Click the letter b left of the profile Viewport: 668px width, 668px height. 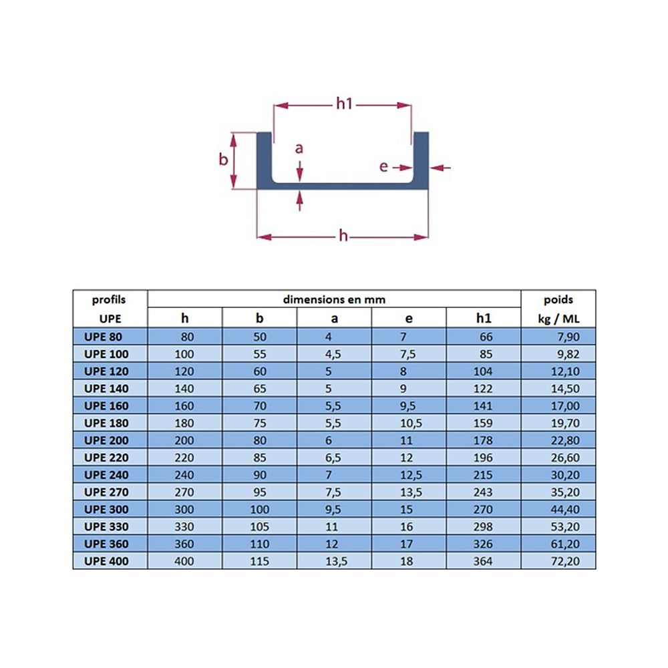click(223, 160)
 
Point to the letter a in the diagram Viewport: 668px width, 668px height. click(299, 148)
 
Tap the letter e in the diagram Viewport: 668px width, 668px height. click(383, 166)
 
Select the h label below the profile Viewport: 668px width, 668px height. click(343, 235)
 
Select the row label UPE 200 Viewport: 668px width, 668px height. click(106, 440)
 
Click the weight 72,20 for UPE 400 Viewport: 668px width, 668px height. click(565, 561)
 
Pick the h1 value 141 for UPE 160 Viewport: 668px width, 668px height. click(483, 405)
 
